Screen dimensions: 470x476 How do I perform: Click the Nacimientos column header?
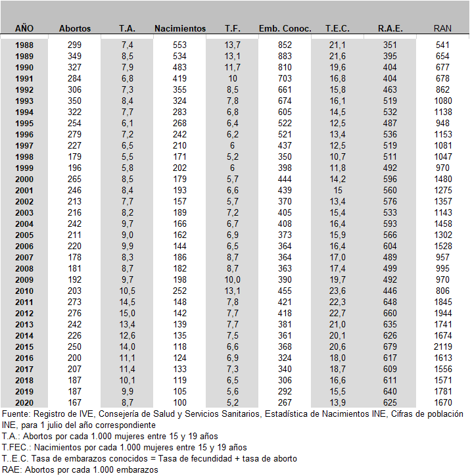180,28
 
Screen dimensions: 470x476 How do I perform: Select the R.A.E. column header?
390,28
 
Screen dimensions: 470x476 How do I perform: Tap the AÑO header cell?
24,28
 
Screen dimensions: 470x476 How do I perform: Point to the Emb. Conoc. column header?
285,28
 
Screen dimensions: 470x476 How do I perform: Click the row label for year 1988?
24,45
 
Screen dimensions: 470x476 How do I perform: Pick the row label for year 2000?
24,179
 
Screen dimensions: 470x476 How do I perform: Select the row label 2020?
24,402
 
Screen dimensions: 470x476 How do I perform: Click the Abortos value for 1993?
75,101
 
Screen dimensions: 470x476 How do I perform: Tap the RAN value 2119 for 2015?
443,346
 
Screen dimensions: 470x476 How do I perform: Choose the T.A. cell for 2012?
128,313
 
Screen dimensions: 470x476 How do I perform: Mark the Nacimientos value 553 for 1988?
180,45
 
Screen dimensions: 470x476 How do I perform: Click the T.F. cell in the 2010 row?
233,291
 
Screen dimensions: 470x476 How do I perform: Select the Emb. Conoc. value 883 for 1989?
285,56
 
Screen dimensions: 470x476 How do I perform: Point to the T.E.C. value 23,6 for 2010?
338,291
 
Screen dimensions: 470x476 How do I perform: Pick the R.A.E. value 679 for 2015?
390,346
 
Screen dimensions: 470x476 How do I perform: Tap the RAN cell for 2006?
443,246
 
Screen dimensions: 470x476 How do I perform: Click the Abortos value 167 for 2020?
75,402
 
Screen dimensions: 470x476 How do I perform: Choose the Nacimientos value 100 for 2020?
180,402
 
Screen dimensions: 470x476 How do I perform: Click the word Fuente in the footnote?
16,414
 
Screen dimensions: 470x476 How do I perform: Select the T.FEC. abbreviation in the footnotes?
17,448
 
